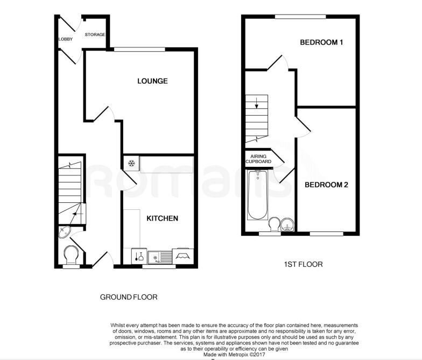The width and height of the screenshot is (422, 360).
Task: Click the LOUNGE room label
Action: point(152,81)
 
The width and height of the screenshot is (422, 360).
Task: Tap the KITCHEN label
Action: point(163,218)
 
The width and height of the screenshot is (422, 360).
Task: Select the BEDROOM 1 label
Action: point(321,42)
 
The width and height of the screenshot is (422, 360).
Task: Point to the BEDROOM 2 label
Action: point(326,185)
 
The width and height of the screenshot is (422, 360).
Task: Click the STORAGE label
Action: point(95,34)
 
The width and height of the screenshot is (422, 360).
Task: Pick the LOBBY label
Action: point(66,39)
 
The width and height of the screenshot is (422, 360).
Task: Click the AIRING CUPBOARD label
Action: point(258,159)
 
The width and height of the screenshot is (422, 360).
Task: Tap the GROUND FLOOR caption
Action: point(129,297)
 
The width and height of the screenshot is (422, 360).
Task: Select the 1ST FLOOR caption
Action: point(304,264)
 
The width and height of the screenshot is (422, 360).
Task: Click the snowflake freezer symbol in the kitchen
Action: point(131,163)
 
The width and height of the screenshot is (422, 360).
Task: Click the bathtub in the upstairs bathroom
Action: point(258,195)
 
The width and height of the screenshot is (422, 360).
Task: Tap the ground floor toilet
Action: point(71,255)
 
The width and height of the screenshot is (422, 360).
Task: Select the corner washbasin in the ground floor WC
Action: point(65,232)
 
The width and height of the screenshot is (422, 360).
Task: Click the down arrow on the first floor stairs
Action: point(256,103)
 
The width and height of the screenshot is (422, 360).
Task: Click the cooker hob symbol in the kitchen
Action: point(183,256)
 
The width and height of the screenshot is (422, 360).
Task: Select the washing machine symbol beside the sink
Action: point(139,256)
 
